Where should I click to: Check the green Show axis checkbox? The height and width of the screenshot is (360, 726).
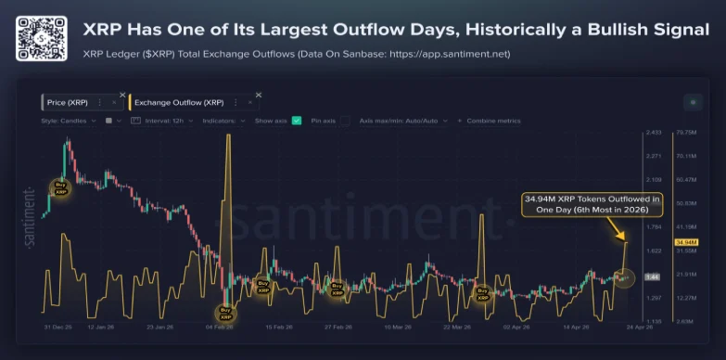point(297,121)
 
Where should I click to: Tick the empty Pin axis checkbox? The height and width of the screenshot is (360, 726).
point(345,121)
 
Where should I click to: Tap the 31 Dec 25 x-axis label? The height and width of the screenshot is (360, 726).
point(60,328)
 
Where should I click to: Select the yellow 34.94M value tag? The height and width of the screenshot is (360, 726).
point(660,242)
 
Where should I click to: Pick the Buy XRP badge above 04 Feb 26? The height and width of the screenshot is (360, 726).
point(225,313)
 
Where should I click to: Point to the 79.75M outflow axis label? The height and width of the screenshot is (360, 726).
point(660,133)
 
